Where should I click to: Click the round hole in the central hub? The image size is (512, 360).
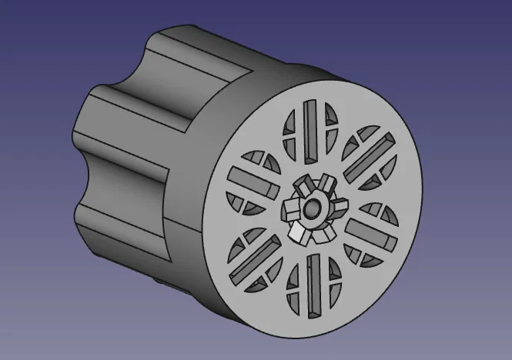point(313,209)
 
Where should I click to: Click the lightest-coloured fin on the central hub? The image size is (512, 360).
point(297,232)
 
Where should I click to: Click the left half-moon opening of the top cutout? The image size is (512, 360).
point(292,126)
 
